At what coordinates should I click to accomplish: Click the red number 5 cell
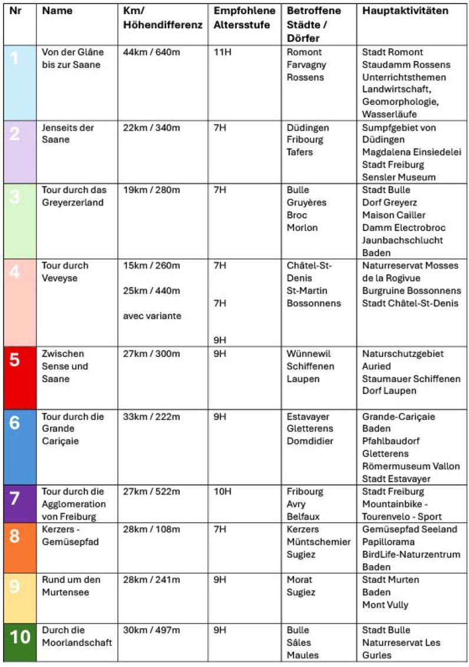pos(19,377)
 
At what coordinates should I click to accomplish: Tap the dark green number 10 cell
pos(19,642)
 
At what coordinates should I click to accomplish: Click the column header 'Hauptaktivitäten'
pos(405,11)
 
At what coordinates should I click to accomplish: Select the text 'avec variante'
pos(152,316)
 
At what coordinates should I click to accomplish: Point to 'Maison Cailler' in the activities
pos(394,215)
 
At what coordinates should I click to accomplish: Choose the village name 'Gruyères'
pos(306,203)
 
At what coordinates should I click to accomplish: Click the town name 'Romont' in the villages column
pos(304,52)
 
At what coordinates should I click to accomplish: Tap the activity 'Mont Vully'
pos(385,605)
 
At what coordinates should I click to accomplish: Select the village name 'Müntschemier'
pos(319,542)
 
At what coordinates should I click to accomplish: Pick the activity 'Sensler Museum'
pos(399,177)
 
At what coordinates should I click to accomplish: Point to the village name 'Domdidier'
pos(310,441)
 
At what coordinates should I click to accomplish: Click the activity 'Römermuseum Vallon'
pos(411,466)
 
